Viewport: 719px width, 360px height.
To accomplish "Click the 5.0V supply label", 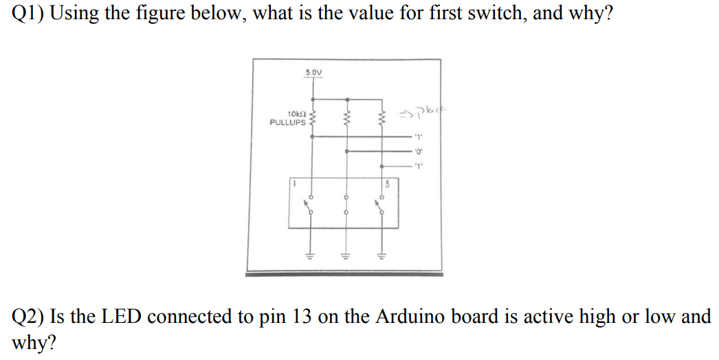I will pyautogui.click(x=313, y=72).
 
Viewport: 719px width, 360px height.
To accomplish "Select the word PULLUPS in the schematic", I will pyautogui.click(x=288, y=122).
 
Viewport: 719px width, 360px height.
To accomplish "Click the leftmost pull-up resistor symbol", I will pyautogui.click(x=313, y=118).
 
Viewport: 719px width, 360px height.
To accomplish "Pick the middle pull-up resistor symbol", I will pyautogui.click(x=347, y=118).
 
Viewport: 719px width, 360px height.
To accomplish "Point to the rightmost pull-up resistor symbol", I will pyautogui.click(x=382, y=118).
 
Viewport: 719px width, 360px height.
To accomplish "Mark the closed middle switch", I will pyautogui.click(x=347, y=205).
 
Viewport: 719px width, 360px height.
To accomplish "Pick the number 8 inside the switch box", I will pyautogui.click(x=389, y=184).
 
